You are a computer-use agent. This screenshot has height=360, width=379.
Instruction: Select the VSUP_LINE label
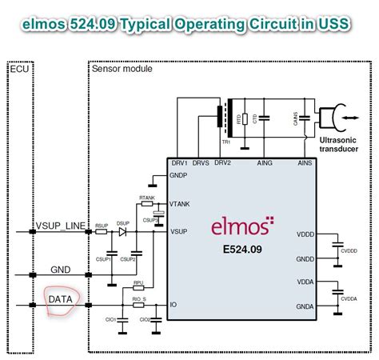click(60, 226)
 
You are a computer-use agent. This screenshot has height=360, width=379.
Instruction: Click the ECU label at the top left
click(19, 70)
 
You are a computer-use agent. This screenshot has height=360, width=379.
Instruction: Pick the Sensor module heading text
click(120, 70)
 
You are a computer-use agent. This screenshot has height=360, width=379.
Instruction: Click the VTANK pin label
click(181, 205)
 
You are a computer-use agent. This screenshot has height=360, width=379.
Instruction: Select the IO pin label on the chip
click(174, 306)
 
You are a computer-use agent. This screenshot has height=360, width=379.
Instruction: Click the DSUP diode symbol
click(122, 232)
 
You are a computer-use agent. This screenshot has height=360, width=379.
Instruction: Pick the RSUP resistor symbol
click(102, 232)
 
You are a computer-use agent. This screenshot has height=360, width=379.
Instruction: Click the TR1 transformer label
click(226, 142)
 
